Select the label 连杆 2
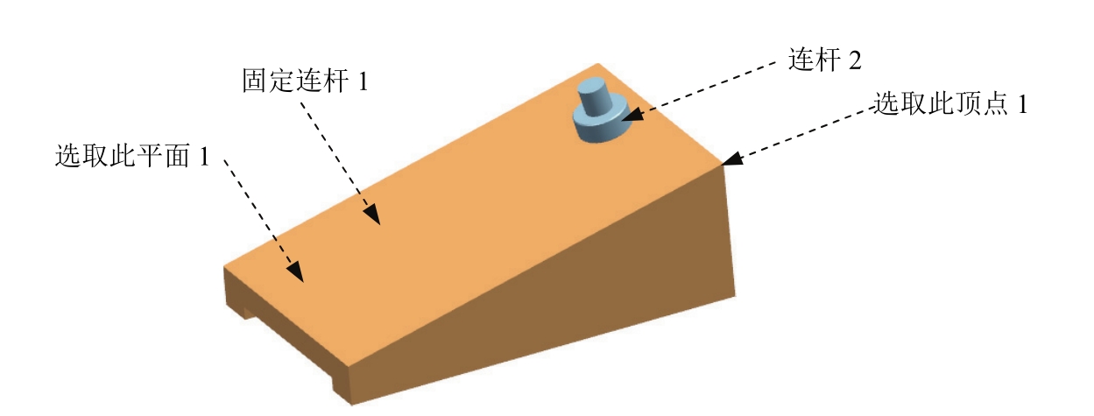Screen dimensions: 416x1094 [824, 60]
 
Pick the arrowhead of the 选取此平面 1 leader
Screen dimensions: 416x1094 [297, 272]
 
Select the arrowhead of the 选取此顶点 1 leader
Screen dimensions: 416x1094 [732, 159]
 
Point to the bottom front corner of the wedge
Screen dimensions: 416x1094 [350, 404]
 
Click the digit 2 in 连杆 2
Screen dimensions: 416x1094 [854, 61]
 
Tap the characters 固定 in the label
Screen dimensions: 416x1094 [264, 82]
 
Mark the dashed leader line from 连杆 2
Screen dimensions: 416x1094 [709, 88]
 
